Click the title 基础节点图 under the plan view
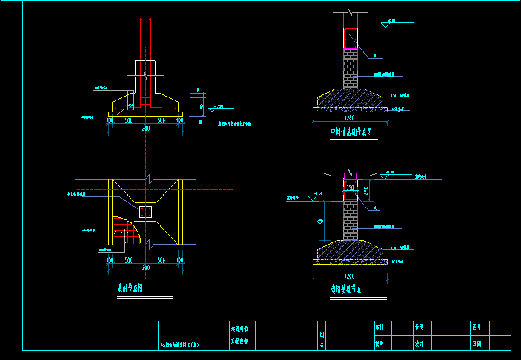[130, 288]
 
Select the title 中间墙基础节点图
[351, 132]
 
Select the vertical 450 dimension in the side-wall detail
[366, 191]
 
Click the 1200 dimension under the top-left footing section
[144, 129]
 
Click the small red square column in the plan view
[145, 213]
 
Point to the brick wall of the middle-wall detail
[350, 71]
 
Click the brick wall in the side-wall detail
[350, 220]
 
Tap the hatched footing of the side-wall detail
[350, 249]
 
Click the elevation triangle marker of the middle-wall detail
[385, 25]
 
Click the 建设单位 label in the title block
[244, 328]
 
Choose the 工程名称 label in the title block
[244, 343]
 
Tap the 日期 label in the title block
[476, 344]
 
